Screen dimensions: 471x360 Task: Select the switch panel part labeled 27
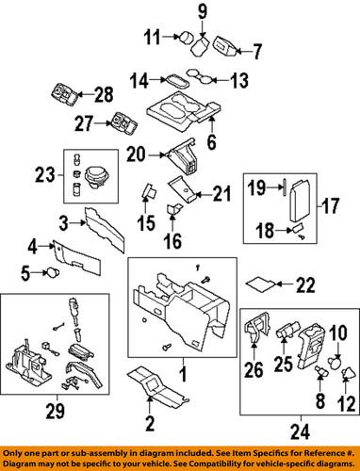point(121,122)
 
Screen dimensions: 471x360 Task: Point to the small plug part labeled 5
point(54,273)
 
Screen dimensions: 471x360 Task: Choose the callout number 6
point(212,143)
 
